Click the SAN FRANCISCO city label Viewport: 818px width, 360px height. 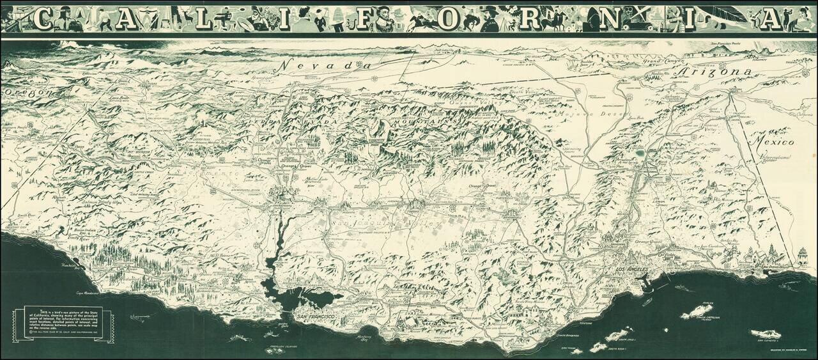point(313,316)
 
